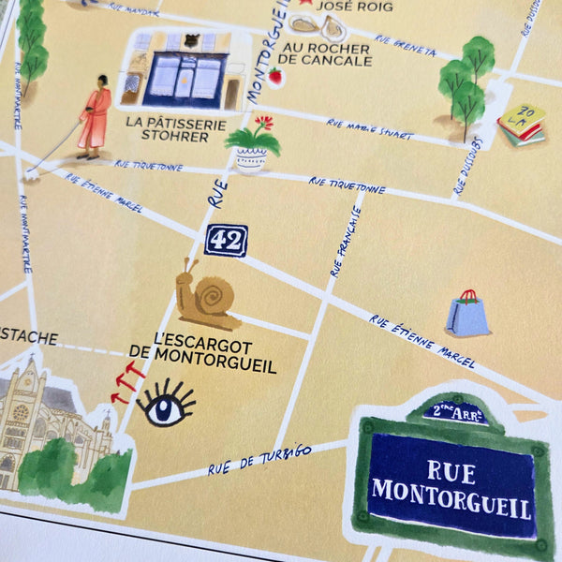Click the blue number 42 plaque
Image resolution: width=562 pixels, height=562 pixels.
point(226,240)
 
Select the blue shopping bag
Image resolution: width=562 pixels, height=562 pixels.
point(466,314)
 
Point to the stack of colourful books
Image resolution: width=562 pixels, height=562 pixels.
point(523,125)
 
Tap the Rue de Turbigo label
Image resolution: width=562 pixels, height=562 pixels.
point(259,459)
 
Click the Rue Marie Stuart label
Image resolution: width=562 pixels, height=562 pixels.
point(369,128)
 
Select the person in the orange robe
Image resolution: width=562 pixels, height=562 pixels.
point(95,117)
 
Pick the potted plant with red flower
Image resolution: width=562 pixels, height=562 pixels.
point(252,144)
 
